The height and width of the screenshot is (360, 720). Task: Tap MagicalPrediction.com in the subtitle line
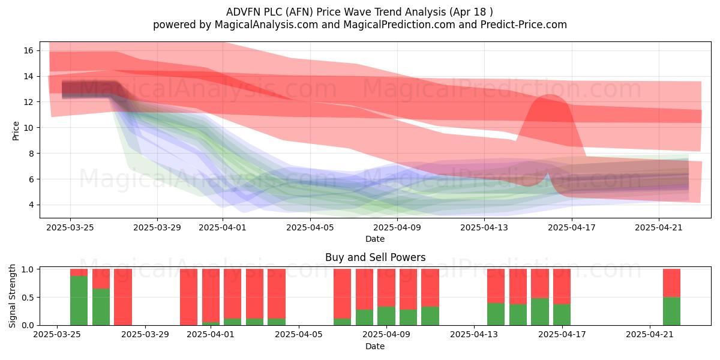[399, 25]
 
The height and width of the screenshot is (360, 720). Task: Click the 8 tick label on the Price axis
[31, 154]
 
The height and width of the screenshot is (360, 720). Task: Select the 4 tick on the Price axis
[31, 205]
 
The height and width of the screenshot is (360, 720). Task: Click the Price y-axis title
[16, 131]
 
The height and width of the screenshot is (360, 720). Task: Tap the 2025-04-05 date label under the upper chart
[310, 227]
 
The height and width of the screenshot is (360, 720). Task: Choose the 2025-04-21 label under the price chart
[659, 227]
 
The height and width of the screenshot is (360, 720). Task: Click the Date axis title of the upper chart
[375, 239]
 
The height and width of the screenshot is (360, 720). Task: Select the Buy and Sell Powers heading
[375, 257]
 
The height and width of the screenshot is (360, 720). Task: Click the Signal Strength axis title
[12, 296]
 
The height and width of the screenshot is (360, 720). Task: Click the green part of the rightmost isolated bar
[671, 311]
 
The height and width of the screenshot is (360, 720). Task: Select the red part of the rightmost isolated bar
[671, 283]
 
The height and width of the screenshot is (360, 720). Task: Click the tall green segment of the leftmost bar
[79, 301]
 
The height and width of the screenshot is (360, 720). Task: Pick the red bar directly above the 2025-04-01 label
[211, 296]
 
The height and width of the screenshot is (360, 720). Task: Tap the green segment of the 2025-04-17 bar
[562, 314]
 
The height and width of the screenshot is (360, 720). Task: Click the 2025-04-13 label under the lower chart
[474, 335]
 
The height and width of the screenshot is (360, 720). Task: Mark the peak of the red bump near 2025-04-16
[550, 95]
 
